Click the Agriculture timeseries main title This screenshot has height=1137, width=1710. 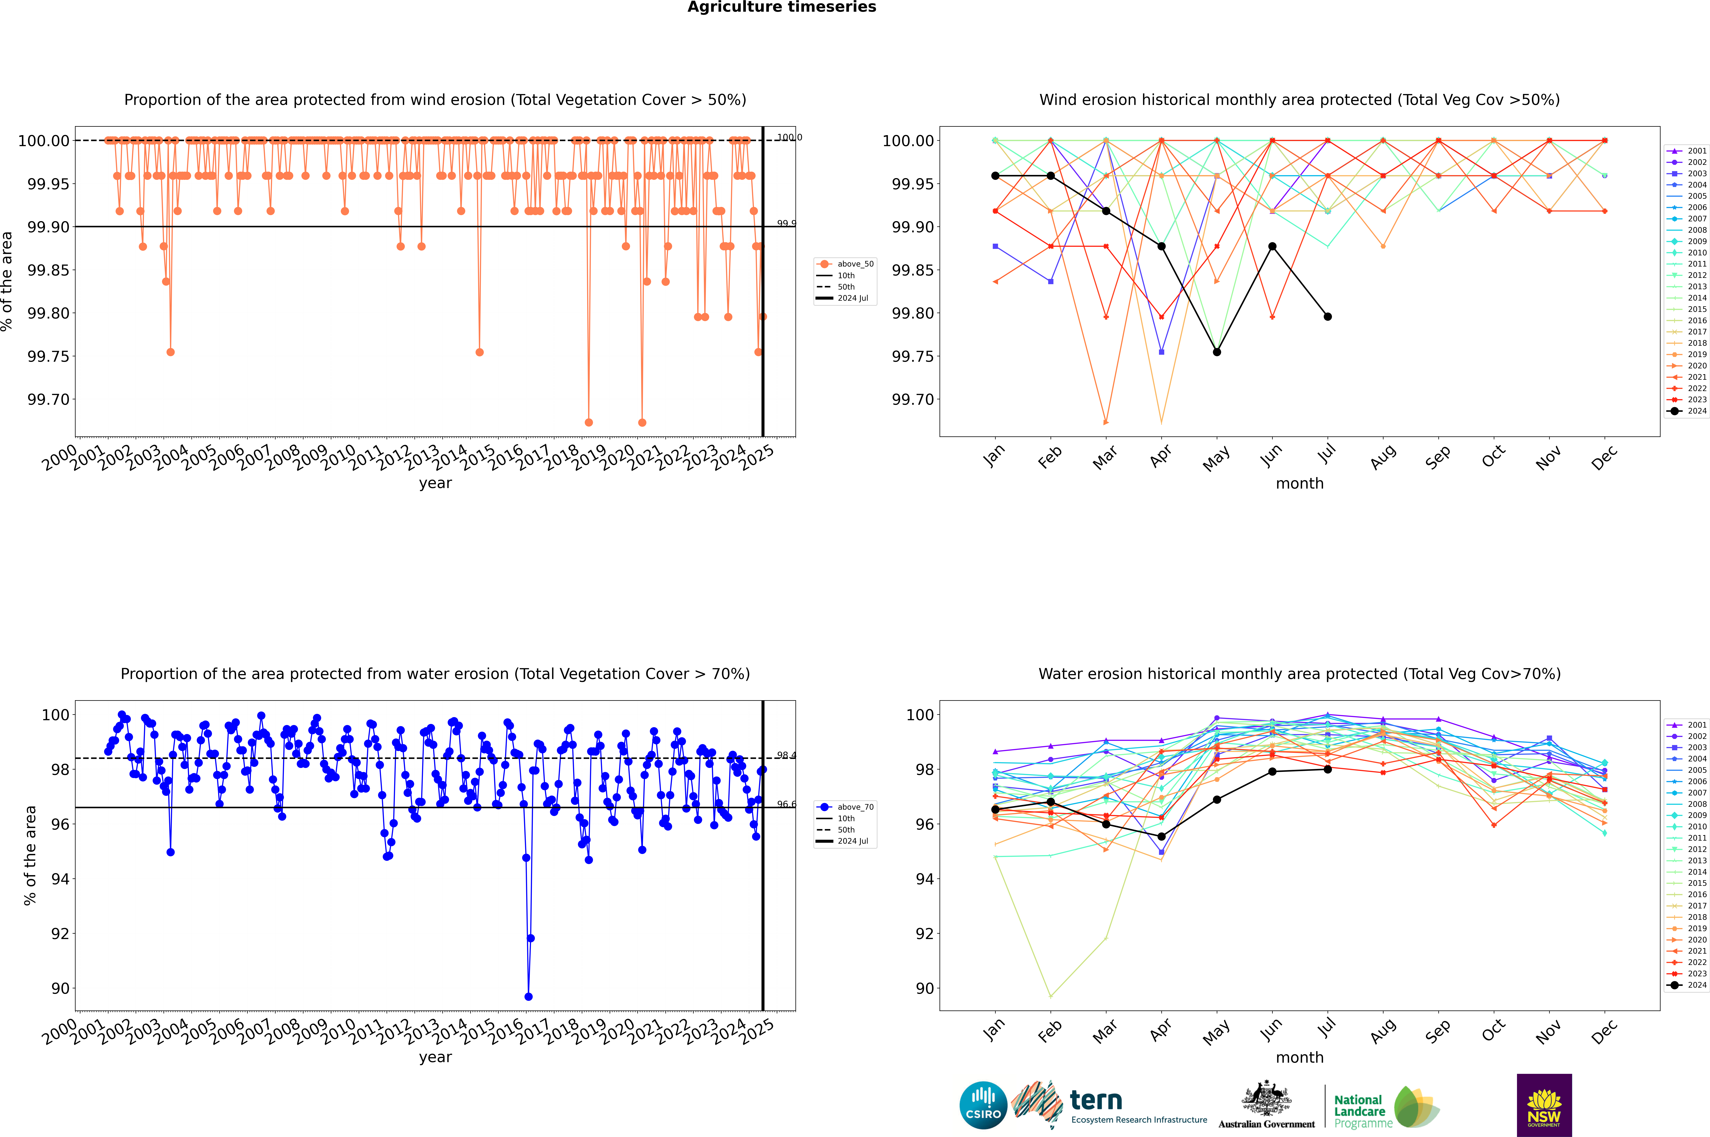[781, 7]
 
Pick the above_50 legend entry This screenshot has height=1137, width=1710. [846, 264]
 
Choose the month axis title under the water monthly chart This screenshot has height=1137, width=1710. [1299, 1057]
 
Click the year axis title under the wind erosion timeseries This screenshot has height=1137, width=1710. [435, 483]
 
